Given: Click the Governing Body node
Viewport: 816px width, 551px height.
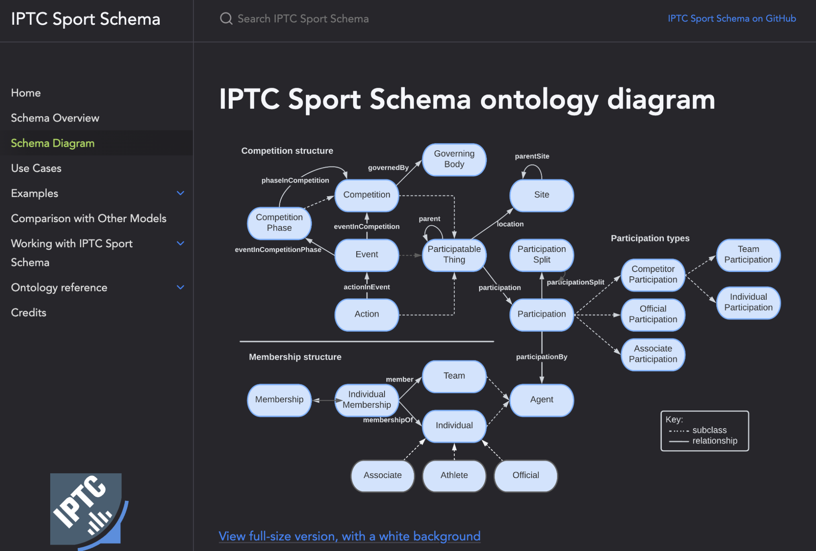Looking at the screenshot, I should (454, 159).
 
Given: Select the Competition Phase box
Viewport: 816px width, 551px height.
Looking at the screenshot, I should (279, 223).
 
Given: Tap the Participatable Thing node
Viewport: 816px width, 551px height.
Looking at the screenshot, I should (454, 255).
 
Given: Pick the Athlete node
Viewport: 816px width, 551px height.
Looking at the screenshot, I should (454, 475).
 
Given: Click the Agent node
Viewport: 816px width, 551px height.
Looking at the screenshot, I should (541, 399).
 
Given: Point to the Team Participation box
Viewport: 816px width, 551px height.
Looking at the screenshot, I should (748, 255).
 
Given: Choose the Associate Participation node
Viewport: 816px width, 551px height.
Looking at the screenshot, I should (653, 354).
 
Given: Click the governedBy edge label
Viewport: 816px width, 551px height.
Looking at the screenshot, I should (388, 168).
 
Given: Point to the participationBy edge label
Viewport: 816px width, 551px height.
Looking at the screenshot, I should (541, 357).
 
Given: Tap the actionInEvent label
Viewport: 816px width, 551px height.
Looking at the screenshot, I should (367, 287).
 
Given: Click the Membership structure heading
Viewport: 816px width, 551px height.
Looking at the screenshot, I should (295, 357).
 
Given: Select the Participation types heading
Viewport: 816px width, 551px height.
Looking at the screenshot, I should (650, 238).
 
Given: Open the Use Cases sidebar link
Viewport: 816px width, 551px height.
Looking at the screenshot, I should (36, 168).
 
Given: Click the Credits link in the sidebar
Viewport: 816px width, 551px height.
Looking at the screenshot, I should (29, 313).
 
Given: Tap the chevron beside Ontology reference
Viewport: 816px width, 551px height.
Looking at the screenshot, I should (180, 287).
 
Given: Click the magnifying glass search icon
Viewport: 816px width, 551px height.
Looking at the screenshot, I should (226, 18).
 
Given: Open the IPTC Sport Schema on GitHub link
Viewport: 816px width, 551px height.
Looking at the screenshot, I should (732, 18).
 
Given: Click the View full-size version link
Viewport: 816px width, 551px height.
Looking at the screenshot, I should (349, 536).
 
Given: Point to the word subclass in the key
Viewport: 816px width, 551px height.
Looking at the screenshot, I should (709, 430).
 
